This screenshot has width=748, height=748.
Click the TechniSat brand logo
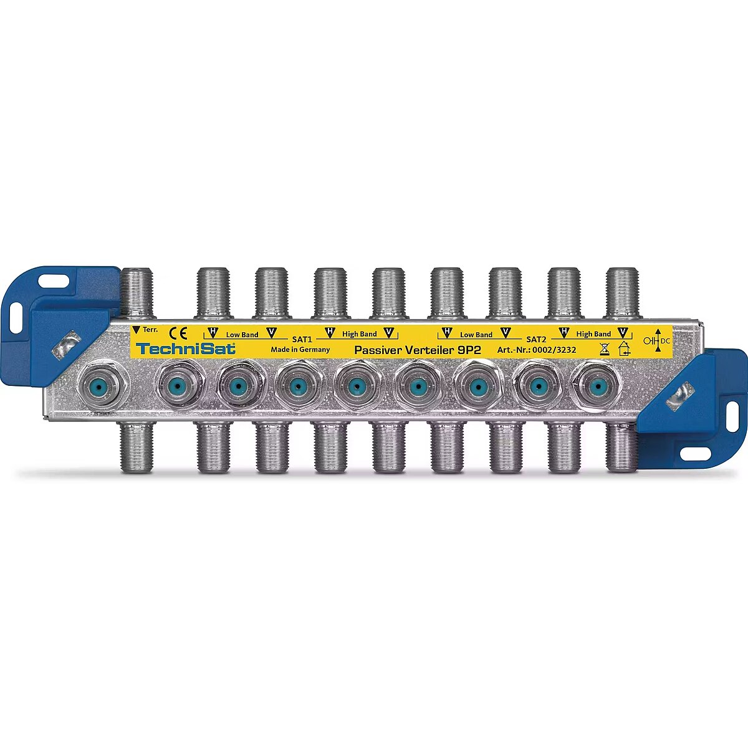coord(186,348)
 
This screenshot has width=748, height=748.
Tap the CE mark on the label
coord(178,333)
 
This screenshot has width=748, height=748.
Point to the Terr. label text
coord(150,330)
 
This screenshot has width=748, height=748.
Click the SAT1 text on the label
coord(302,339)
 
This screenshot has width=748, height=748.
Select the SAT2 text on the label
coord(536,339)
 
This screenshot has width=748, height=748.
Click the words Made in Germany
coord(300,349)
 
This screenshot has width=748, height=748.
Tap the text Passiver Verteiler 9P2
coord(418,350)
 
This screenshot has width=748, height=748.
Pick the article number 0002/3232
coord(554,350)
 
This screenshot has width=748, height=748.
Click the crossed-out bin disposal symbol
coord(605,349)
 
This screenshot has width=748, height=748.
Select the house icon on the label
coord(624,348)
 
